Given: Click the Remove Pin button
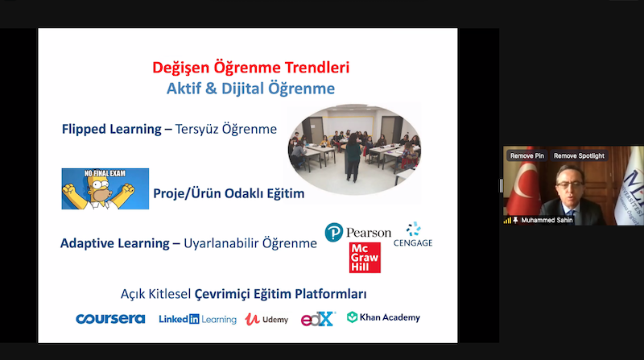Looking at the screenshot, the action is click(527, 155).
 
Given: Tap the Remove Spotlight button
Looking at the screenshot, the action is click(579, 155).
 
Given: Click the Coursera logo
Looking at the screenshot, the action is click(110, 319).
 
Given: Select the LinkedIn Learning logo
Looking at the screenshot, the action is click(197, 319).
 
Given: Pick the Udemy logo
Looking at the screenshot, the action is click(266, 319).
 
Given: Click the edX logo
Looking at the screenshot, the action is click(318, 319).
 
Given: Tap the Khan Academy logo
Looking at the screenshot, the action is click(384, 317).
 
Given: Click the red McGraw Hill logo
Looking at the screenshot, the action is click(365, 258).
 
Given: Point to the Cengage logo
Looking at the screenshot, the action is click(413, 234).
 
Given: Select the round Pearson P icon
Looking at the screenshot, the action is click(334, 232).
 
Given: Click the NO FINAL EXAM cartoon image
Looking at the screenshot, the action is click(105, 188).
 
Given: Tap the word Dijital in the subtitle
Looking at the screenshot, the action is click(243, 89).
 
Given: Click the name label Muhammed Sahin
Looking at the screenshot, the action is click(547, 221).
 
